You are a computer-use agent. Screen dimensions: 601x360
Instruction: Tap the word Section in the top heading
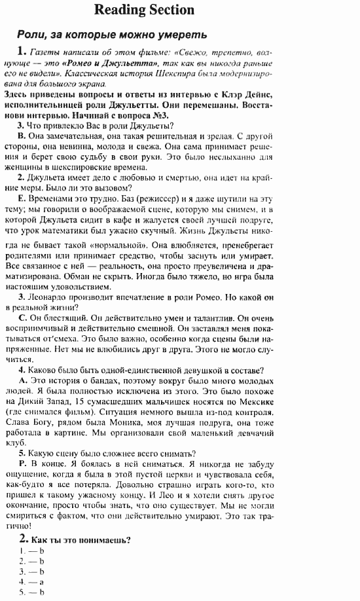click(x=171, y=9)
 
